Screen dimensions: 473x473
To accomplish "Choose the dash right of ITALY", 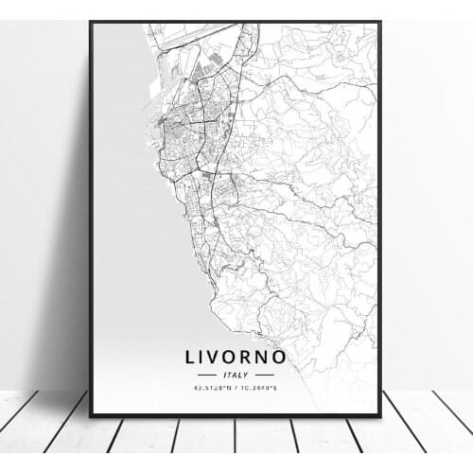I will coord(265,375).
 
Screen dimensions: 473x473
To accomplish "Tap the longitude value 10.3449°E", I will coord(264,387).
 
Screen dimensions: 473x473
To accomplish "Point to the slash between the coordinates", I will coord(237,387).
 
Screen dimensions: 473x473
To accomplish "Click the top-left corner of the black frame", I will coord(91,22).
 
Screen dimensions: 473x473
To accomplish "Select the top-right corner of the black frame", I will coord(380,22).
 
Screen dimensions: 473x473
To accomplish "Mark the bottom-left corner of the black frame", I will coord(91,414).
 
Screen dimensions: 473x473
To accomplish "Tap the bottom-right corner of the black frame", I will coord(380,414).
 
